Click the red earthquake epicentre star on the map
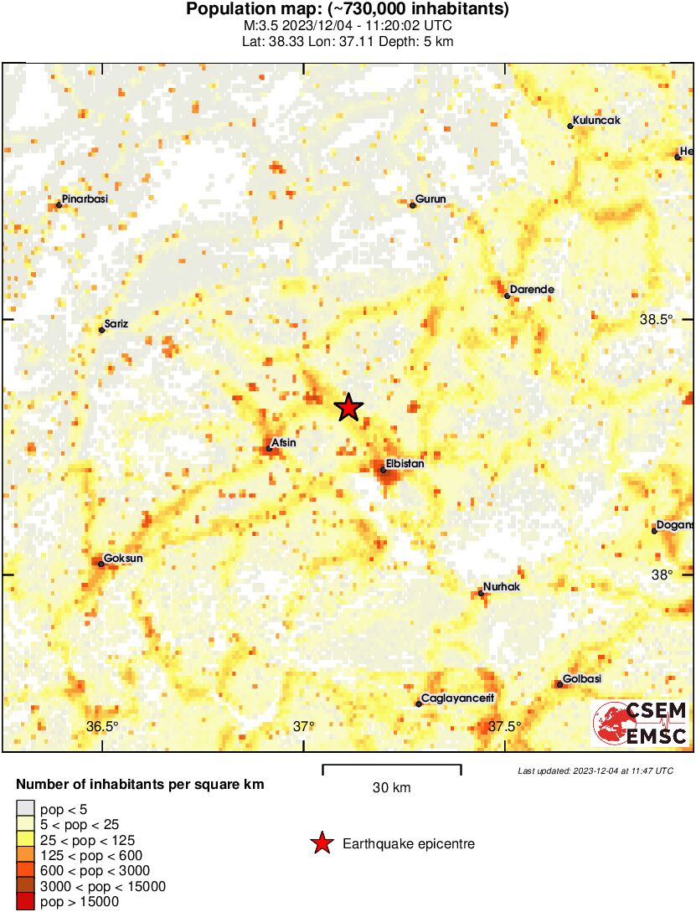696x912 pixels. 348,408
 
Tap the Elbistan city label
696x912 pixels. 405,463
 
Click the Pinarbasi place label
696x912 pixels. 85,199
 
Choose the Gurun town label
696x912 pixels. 431,199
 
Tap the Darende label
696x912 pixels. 532,290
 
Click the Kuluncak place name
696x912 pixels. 596,121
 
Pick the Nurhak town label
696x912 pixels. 503,587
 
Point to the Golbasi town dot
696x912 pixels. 559,685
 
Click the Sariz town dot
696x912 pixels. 102,330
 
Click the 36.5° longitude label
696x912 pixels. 102,726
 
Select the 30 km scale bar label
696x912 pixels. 391,787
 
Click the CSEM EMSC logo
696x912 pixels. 641,724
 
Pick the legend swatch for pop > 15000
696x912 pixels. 26,902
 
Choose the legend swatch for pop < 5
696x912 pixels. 26,809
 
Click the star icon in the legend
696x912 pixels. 322,843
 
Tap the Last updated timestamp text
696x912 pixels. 595,770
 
